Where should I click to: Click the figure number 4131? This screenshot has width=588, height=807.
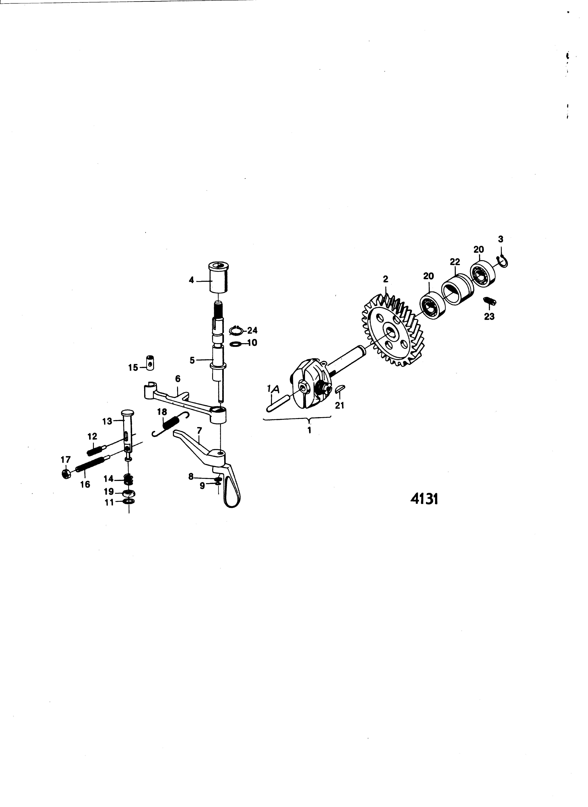[x=424, y=500]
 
